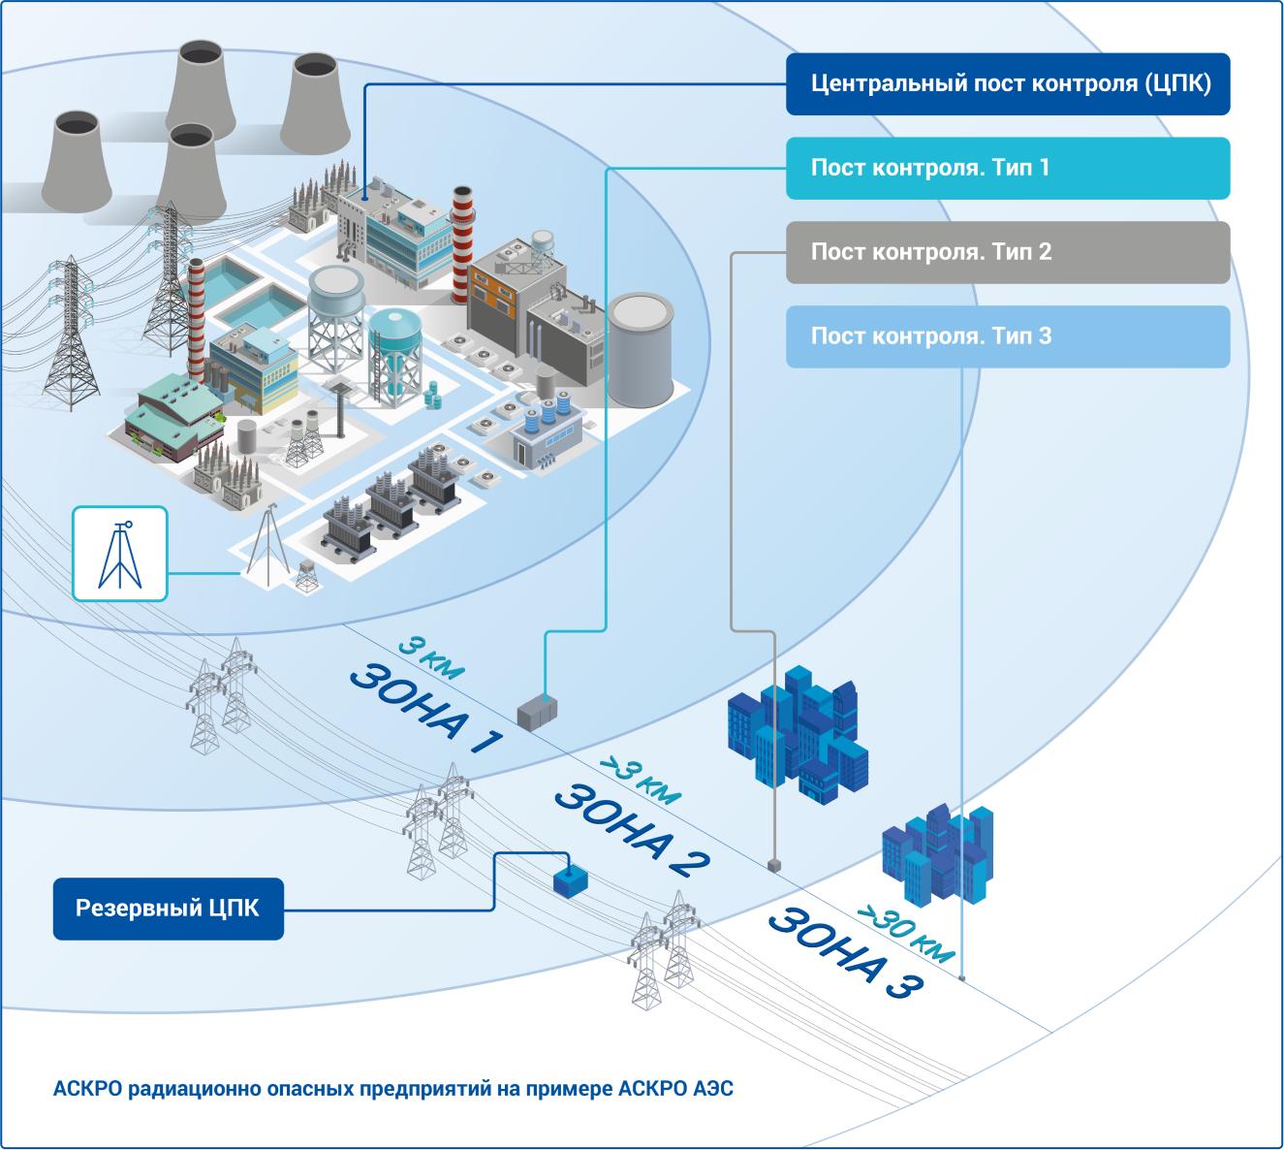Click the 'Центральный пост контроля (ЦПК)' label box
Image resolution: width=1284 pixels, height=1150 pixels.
pos(1008,84)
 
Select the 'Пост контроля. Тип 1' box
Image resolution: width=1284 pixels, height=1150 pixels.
pos(1008,169)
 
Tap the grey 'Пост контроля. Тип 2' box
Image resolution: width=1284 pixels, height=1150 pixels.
pos(1008,253)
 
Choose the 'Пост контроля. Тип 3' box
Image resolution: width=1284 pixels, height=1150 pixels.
pos(1008,337)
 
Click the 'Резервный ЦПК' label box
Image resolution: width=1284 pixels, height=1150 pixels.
pos(168,910)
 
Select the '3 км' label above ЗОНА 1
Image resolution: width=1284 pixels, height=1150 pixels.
pos(431,657)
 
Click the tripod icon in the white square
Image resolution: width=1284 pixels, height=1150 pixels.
pos(120,554)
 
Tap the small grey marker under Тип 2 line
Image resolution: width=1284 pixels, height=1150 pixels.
pos(773,863)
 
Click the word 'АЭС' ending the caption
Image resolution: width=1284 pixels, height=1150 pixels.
pos(713,1089)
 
